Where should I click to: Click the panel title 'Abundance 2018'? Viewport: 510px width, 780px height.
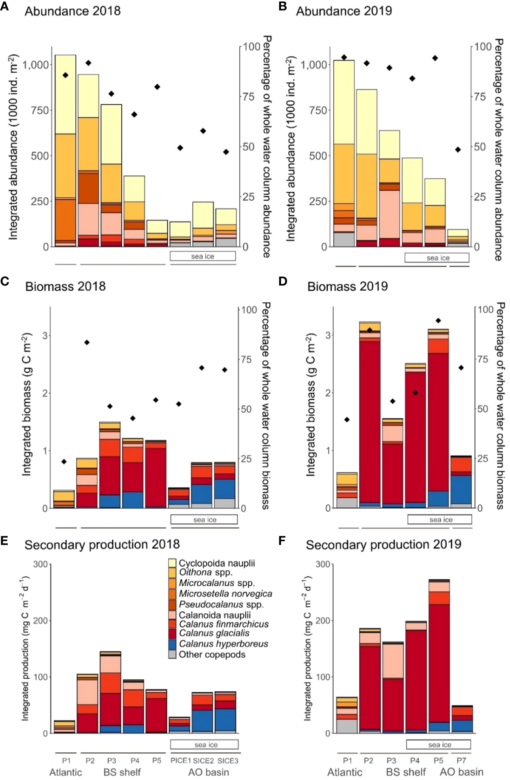pyautogui.click(x=72, y=11)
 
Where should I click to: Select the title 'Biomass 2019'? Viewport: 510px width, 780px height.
pyautogui.click(x=347, y=286)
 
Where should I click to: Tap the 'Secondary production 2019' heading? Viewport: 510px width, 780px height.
pyautogui.click(x=383, y=544)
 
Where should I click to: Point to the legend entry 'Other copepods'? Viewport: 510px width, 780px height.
pyautogui.click(x=212, y=655)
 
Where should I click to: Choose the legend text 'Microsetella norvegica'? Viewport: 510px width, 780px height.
pyautogui.click(x=225, y=594)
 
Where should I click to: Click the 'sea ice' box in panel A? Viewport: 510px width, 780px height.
pyautogui.click(x=203, y=256)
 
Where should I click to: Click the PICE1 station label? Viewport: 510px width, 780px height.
pyautogui.click(x=180, y=761)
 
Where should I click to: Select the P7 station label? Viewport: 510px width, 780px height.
pyautogui.click(x=461, y=761)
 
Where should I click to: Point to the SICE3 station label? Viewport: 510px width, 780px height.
pyautogui.click(x=227, y=761)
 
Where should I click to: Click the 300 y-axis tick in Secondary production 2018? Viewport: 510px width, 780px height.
pyautogui.click(x=40, y=564)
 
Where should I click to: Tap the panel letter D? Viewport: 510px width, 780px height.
pyautogui.click(x=283, y=282)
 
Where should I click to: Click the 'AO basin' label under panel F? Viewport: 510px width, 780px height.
pyautogui.click(x=461, y=772)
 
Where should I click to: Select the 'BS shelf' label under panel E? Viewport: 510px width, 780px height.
pyautogui.click(x=122, y=772)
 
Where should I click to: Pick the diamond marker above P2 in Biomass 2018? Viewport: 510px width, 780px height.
pyautogui.click(x=87, y=342)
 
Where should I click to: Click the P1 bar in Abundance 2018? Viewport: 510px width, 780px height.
pyautogui.click(x=65, y=151)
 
